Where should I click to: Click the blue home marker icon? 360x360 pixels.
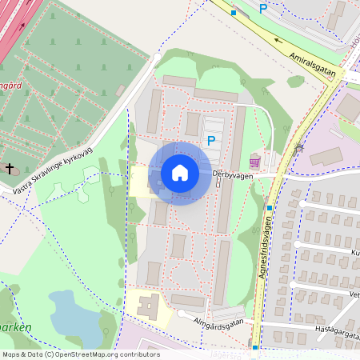[180, 173]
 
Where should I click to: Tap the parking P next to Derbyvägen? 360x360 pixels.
[211, 141]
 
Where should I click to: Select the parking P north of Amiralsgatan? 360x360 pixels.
[262, 9]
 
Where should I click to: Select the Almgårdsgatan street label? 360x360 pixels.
[217, 323]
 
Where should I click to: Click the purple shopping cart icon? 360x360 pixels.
[255, 159]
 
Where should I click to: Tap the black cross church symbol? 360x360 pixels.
[10, 169]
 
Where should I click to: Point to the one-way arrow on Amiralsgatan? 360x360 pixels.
[279, 40]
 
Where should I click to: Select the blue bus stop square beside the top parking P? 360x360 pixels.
[234, 13]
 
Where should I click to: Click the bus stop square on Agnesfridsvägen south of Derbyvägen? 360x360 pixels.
[270, 209]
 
